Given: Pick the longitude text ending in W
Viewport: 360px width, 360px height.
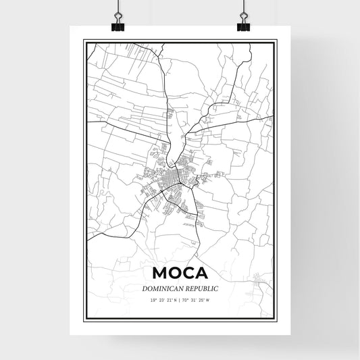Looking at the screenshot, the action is pyautogui.click(x=197, y=301).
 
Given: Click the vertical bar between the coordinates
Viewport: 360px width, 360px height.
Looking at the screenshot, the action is pyautogui.click(x=180, y=301).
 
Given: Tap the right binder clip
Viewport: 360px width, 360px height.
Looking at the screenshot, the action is pyautogui.click(x=243, y=25).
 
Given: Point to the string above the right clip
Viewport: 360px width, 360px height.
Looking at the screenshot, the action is pyautogui.click(x=243, y=7).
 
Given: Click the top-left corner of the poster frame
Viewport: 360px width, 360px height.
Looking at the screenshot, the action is pyautogui.click(x=84, y=40).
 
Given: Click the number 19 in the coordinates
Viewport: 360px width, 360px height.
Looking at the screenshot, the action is pyautogui.click(x=153, y=301).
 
